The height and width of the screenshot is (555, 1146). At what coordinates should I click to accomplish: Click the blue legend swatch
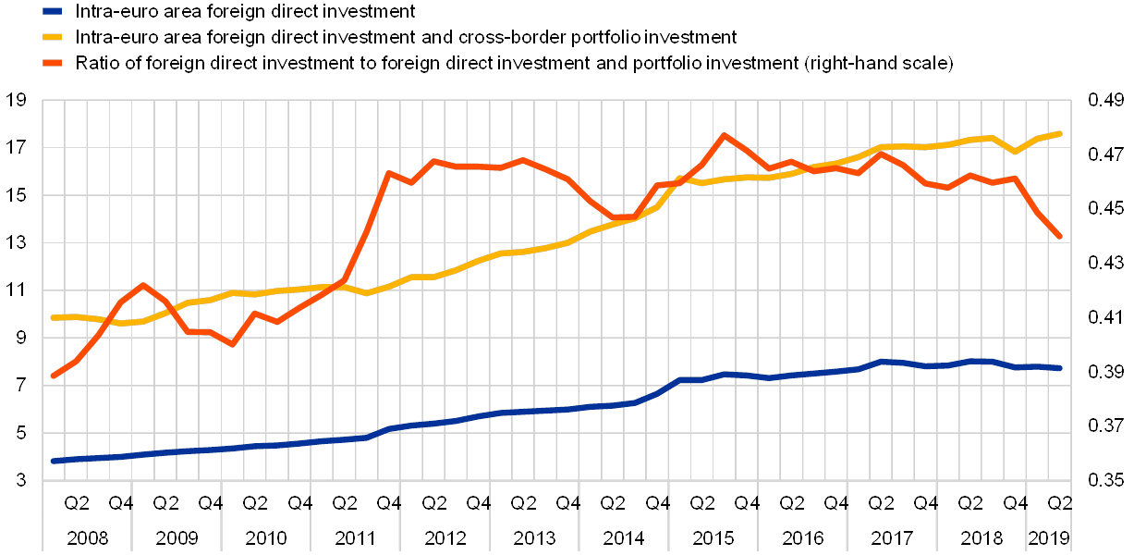coord(56,11)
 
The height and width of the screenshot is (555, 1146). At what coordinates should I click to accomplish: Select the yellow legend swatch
coord(56,37)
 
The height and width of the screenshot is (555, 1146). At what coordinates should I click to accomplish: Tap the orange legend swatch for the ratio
coord(56,63)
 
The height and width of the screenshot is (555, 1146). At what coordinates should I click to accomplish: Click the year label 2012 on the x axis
coord(445,537)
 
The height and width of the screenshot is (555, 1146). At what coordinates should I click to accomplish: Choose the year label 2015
coord(713,537)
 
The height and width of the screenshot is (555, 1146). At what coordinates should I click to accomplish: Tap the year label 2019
coord(1050,537)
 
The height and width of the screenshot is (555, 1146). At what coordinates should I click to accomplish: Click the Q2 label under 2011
coord(343,503)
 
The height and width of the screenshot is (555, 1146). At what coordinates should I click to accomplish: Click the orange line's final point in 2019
coord(1059,237)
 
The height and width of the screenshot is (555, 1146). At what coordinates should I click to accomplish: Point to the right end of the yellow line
coord(1059,133)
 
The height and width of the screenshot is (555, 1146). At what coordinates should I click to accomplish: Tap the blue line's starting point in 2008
coord(54,461)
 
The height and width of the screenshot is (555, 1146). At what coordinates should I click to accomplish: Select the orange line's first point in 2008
coord(54,376)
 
